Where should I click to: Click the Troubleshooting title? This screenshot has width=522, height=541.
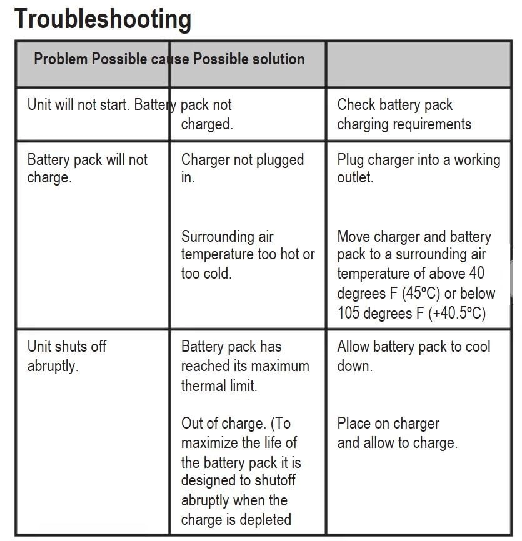point(103,19)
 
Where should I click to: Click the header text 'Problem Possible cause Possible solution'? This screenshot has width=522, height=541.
point(169,59)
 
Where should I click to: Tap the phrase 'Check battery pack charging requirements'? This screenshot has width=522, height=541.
point(404,114)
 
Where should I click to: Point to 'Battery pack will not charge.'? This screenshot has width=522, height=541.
point(87,169)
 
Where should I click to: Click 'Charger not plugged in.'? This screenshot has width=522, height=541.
point(242,169)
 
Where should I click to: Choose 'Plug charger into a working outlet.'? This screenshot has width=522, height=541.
point(418,169)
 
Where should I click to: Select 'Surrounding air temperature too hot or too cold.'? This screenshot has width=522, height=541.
point(248,255)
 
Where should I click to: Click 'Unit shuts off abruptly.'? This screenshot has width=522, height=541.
point(66,356)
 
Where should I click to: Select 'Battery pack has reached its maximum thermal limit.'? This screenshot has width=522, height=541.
point(244,366)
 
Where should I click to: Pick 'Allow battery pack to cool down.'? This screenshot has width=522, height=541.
point(413,356)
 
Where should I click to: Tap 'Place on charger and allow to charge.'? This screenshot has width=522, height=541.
point(396,434)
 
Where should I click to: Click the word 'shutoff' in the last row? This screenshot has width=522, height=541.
point(269,480)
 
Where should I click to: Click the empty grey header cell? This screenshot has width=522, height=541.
point(418,64)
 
